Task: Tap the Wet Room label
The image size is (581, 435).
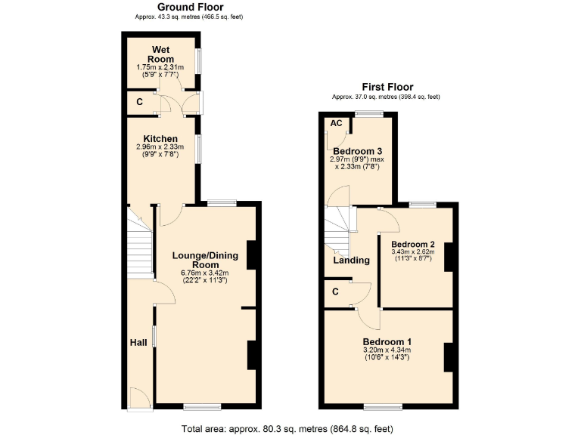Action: (x=160, y=54)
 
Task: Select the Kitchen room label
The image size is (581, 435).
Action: (x=160, y=139)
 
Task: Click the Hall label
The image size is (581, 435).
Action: (x=138, y=343)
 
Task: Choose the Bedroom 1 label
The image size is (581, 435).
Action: (x=387, y=342)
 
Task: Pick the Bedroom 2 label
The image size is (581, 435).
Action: (x=413, y=244)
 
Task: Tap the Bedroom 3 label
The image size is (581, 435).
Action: (x=353, y=150)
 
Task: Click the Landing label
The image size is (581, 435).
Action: (x=352, y=261)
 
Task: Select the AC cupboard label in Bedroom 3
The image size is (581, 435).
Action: (x=337, y=123)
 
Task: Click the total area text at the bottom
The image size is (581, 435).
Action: (x=287, y=428)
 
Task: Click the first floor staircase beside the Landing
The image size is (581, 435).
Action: (x=340, y=230)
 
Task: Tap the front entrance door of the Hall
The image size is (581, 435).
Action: (x=138, y=399)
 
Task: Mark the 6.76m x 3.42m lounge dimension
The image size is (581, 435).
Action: (x=204, y=273)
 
